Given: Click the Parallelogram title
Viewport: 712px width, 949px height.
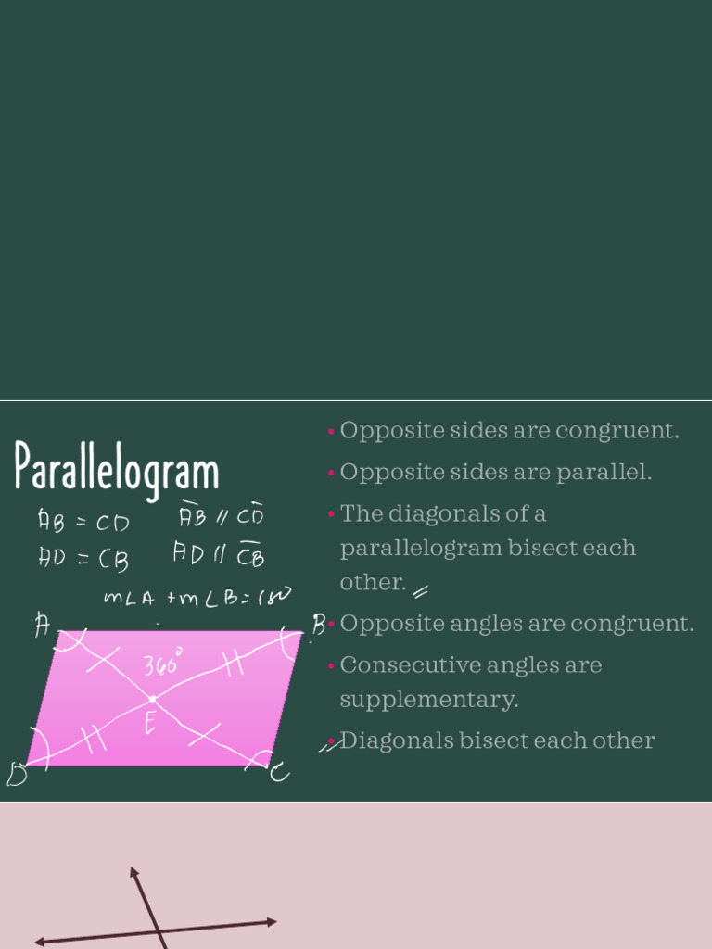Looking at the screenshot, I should [x=117, y=469].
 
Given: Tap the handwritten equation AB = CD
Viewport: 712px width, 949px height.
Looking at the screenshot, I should [x=83, y=521].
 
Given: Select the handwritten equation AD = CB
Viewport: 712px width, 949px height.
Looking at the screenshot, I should [x=83, y=558].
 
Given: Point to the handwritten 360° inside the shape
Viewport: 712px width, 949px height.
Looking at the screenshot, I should [x=163, y=664].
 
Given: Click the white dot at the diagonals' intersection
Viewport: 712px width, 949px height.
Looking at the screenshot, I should [x=152, y=698].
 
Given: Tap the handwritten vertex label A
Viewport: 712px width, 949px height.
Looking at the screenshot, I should [x=43, y=626].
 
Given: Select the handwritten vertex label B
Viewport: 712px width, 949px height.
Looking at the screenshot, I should [x=318, y=626].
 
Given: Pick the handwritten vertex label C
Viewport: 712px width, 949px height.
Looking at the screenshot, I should [x=279, y=771].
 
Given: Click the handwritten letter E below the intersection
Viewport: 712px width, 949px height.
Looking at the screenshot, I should [x=150, y=724].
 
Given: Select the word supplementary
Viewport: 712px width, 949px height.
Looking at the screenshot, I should [x=429, y=700].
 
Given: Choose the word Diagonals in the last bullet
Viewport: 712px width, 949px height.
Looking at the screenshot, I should [x=385, y=740].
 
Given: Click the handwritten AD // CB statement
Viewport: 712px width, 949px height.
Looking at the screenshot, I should [x=219, y=554].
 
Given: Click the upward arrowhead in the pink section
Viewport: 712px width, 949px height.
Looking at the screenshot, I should [x=134, y=872].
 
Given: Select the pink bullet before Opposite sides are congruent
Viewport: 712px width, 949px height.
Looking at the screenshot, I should [x=331, y=431].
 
